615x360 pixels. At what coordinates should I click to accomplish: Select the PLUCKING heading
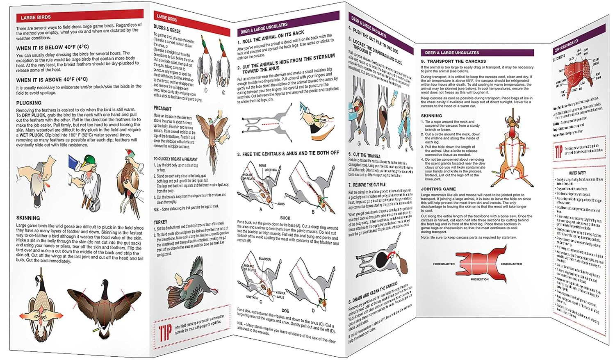[x=29, y=103]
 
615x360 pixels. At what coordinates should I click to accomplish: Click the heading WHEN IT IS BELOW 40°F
[x=52, y=47]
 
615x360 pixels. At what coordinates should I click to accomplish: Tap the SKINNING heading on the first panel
[x=28, y=218]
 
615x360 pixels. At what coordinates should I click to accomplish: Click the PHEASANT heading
[x=162, y=109]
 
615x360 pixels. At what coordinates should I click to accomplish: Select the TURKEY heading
[x=160, y=222]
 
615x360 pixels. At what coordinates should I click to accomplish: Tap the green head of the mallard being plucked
[x=90, y=160]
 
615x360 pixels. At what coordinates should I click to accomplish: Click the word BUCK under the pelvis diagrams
[x=285, y=218]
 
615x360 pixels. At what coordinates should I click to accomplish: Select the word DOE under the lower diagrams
[x=285, y=311]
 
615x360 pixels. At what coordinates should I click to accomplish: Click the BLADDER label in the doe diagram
[x=264, y=259]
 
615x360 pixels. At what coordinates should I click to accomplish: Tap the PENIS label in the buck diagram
[x=262, y=166]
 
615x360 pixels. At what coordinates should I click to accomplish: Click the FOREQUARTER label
[x=444, y=264]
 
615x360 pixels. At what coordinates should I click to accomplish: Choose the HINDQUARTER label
[x=511, y=264]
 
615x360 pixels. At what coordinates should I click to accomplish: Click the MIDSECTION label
[x=479, y=279]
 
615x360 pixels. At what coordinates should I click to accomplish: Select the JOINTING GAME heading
[x=438, y=189]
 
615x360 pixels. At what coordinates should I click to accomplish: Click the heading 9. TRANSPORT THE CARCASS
[x=453, y=61]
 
